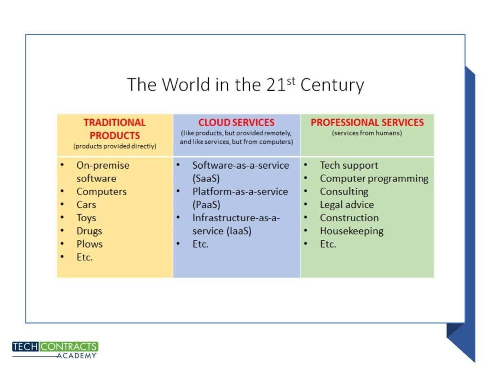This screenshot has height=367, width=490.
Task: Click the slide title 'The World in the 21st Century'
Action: [245, 85]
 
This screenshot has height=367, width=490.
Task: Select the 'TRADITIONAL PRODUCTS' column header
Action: [115, 129]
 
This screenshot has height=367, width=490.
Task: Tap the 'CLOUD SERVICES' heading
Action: [236, 122]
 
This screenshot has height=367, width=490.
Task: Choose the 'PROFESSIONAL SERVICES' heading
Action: [367, 122]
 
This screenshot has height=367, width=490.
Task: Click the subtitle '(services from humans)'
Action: [367, 133]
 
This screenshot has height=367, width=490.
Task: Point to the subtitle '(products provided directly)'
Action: [115, 146]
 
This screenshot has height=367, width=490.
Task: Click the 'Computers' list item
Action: [101, 192]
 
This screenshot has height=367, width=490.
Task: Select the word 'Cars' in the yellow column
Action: [86, 205]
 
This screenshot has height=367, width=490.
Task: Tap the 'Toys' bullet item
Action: [86, 218]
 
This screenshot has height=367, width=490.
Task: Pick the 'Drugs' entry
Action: [89, 231]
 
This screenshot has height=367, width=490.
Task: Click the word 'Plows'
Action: [89, 244]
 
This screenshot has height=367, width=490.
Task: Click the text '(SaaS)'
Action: [206, 179]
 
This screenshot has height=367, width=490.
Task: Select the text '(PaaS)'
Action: [206, 205]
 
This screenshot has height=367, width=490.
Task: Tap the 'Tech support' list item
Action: [349, 165]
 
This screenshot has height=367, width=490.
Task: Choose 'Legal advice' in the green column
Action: [347, 205]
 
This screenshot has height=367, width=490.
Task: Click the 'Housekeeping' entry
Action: [352, 231]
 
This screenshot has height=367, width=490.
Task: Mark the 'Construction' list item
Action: [349, 218]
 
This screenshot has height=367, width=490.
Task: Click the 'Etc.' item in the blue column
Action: [200, 244]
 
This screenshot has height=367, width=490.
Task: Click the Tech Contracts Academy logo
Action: [55, 350]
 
